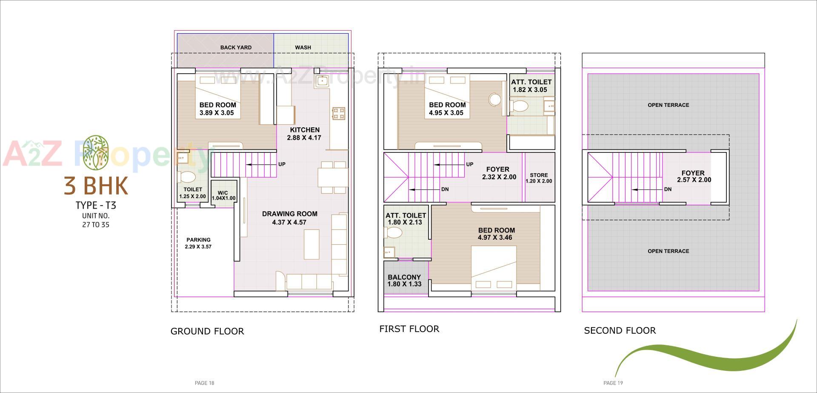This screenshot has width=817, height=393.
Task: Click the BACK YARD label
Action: (236, 47)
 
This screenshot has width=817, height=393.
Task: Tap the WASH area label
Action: (303, 47)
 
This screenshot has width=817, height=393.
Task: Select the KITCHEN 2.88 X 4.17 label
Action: (304, 134)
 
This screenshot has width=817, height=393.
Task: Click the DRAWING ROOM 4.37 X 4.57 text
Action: (289, 218)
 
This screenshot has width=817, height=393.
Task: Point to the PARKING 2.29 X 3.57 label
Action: (198, 243)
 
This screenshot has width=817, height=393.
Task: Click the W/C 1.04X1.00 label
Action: (223, 195)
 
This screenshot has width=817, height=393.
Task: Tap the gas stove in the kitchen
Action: (339, 114)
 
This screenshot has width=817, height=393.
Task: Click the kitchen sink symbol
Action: (322, 81)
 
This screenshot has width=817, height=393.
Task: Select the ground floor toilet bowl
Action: (187, 177)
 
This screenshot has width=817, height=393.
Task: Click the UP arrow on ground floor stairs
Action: (261, 164)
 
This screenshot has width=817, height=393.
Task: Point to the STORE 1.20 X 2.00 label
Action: (539, 178)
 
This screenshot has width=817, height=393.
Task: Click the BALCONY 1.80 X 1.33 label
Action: (404, 281)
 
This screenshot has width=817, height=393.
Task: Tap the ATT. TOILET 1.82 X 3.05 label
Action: (531, 86)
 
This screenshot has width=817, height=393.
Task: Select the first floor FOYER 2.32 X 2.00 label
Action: (498, 173)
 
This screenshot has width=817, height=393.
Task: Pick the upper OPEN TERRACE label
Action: (668, 105)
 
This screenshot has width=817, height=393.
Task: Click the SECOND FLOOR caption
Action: (620, 330)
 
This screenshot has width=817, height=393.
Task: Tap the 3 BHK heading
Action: (96, 186)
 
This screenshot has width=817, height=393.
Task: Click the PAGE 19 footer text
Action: (613, 383)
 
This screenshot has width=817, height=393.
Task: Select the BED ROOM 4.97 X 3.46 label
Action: (496, 234)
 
